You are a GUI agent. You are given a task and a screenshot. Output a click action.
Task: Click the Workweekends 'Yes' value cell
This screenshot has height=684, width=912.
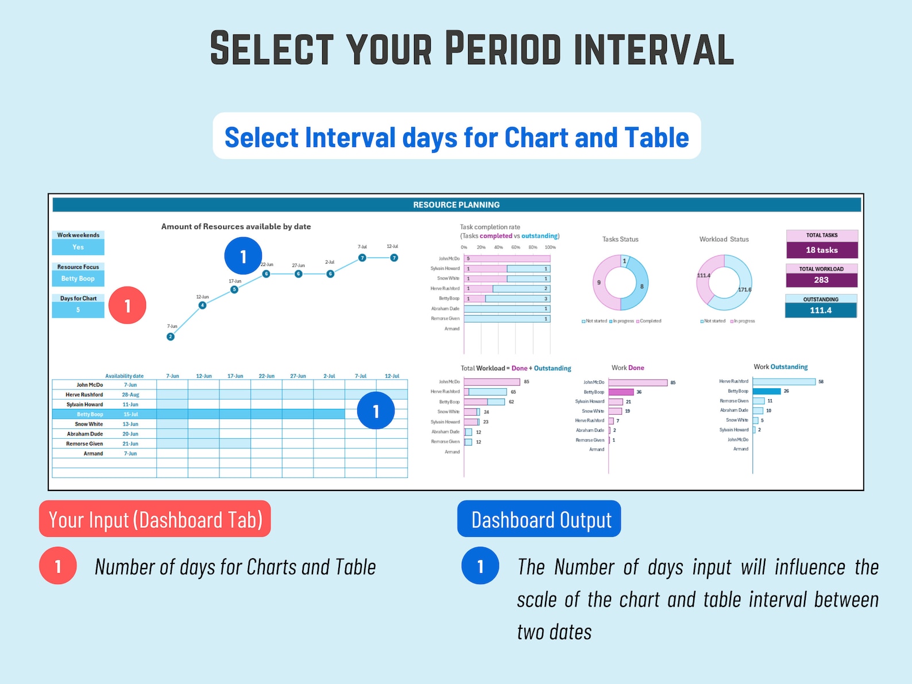tap(78, 247)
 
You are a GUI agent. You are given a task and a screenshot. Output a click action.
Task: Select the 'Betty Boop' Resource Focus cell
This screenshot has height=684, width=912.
tap(78, 279)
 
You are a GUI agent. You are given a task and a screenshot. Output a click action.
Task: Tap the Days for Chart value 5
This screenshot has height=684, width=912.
tap(78, 310)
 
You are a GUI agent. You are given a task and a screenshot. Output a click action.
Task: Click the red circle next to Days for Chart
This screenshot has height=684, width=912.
tap(127, 306)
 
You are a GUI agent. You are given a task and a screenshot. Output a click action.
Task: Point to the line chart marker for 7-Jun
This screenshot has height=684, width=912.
tap(171, 337)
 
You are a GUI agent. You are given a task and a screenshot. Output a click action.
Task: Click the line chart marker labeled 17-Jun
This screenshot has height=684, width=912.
tap(234, 289)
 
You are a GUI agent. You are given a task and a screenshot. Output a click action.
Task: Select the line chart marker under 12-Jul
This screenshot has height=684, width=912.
tap(394, 258)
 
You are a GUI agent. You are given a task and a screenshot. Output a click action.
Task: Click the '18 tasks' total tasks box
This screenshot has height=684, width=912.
tap(822, 250)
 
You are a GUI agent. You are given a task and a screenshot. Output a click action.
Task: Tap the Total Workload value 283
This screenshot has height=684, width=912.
tap(821, 280)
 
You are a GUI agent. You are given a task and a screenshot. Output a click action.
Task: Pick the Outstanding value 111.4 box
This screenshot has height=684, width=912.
tap(821, 310)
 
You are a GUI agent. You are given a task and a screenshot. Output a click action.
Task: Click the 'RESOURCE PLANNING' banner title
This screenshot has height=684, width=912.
tap(457, 205)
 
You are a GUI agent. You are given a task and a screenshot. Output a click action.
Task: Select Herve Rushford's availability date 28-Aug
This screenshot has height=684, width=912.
tap(130, 395)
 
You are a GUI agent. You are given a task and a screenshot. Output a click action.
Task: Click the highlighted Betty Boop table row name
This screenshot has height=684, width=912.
tap(90, 414)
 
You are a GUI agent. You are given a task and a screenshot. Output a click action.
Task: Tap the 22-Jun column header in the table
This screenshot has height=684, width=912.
tap(266, 376)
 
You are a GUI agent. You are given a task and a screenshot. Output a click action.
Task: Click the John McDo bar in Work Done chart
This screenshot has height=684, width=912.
tap(637, 382)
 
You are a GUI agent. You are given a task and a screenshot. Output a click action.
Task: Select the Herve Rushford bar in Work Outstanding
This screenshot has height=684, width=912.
tap(784, 381)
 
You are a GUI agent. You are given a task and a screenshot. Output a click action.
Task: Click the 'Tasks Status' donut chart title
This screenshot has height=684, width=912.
tap(620, 239)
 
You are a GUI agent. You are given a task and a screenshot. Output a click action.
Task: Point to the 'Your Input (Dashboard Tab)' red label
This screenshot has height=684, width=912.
tap(155, 519)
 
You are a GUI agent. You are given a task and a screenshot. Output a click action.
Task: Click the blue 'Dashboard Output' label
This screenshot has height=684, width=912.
tap(539, 519)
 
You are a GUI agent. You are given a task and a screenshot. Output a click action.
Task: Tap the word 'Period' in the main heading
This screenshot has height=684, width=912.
tap(503, 48)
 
